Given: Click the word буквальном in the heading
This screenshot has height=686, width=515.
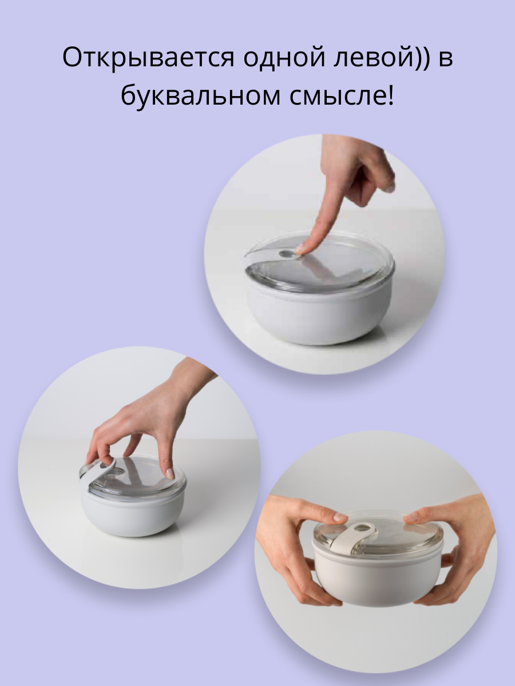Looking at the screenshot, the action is click(x=200, y=95).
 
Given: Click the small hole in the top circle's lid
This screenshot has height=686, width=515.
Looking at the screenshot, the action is click(x=285, y=253).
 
